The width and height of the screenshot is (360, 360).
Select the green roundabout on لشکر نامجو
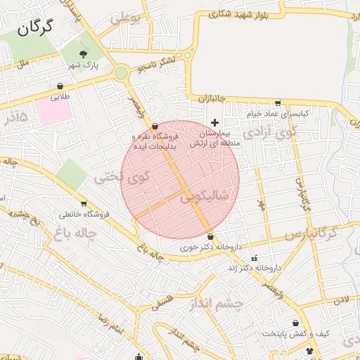pyautogui.click(x=121, y=72)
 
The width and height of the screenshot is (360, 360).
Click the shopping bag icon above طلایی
pyautogui.click(x=61, y=87)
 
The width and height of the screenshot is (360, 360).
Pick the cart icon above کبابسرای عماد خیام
pyautogui.click(x=278, y=103)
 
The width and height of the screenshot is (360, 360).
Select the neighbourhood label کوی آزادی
pyautogui.click(x=271, y=131)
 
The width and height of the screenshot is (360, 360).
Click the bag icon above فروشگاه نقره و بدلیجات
pyautogui.click(x=155, y=125)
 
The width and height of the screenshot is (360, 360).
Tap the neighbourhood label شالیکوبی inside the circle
pyautogui.click(x=205, y=198)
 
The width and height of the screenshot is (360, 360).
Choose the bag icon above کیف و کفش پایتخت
pyautogui.click(x=296, y=323)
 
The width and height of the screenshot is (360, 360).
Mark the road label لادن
pyautogui.click(x=341, y=300)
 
